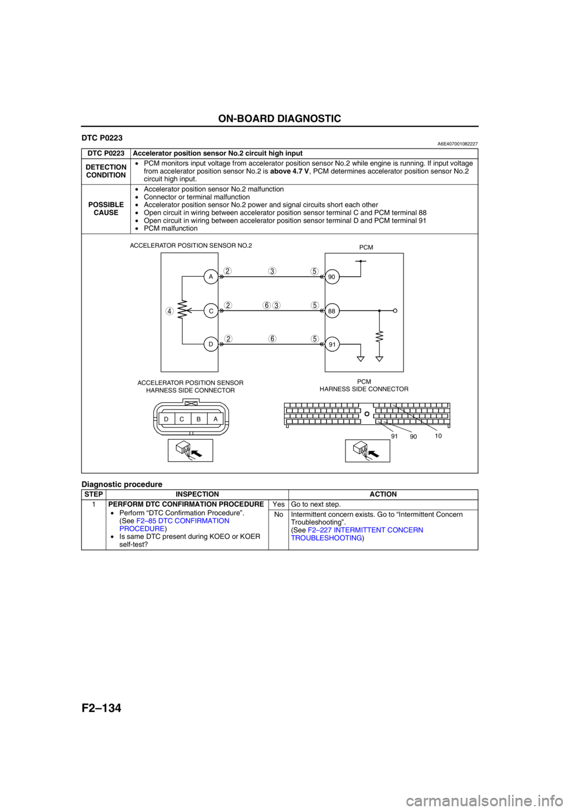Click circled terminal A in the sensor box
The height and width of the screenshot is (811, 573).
211,277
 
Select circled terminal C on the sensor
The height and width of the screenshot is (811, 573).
211,311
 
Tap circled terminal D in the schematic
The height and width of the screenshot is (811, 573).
211,345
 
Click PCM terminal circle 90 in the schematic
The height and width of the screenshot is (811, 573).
332,277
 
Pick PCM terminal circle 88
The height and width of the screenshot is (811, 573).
332,311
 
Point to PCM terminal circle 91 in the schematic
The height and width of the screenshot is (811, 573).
332,345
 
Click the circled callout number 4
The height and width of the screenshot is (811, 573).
170,311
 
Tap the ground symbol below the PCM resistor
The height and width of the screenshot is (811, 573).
380,359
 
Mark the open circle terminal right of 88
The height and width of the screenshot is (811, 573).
396,311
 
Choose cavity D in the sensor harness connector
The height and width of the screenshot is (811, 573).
165,419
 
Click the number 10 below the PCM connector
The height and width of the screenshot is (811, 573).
438,436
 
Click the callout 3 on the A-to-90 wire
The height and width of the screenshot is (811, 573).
272,271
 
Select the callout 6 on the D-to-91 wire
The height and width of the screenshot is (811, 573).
272,339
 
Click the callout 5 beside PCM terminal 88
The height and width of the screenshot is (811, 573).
314,305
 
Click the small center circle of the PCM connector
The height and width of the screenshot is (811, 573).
367,412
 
